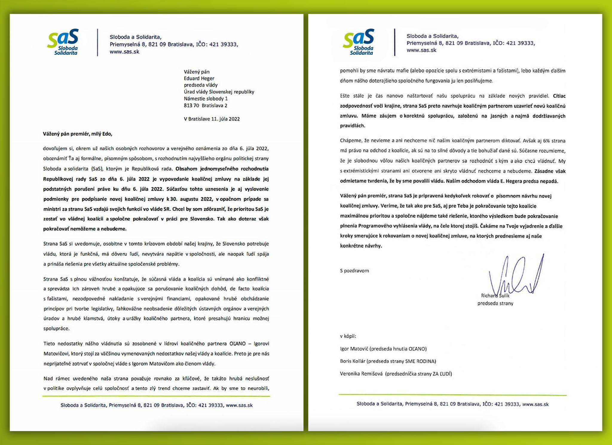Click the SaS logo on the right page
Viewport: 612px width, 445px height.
coord(359,42)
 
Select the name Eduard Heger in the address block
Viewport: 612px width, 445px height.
coord(199,78)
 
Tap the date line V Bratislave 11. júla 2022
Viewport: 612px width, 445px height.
coord(212,119)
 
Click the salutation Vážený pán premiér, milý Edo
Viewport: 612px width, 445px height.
coord(78,134)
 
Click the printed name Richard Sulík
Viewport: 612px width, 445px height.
coord(495,296)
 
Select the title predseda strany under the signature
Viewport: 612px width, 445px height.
coord(495,303)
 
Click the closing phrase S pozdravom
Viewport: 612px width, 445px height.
coord(354,271)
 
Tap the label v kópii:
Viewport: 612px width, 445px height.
coord(348,336)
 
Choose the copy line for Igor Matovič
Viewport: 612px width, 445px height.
coord(383,348)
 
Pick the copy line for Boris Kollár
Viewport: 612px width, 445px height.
coord(388,361)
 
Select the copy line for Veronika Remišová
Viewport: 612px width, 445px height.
coord(396,374)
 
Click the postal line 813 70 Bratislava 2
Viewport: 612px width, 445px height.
coord(205,105)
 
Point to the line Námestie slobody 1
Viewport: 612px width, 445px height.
coord(206,98)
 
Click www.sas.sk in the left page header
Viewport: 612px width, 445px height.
coord(124,52)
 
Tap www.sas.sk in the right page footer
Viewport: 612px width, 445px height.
coord(535,404)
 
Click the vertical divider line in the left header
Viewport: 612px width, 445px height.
coord(98,42)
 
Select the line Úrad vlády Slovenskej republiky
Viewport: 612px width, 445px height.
coord(219,92)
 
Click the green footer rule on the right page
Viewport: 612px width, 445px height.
coord(452,395)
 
